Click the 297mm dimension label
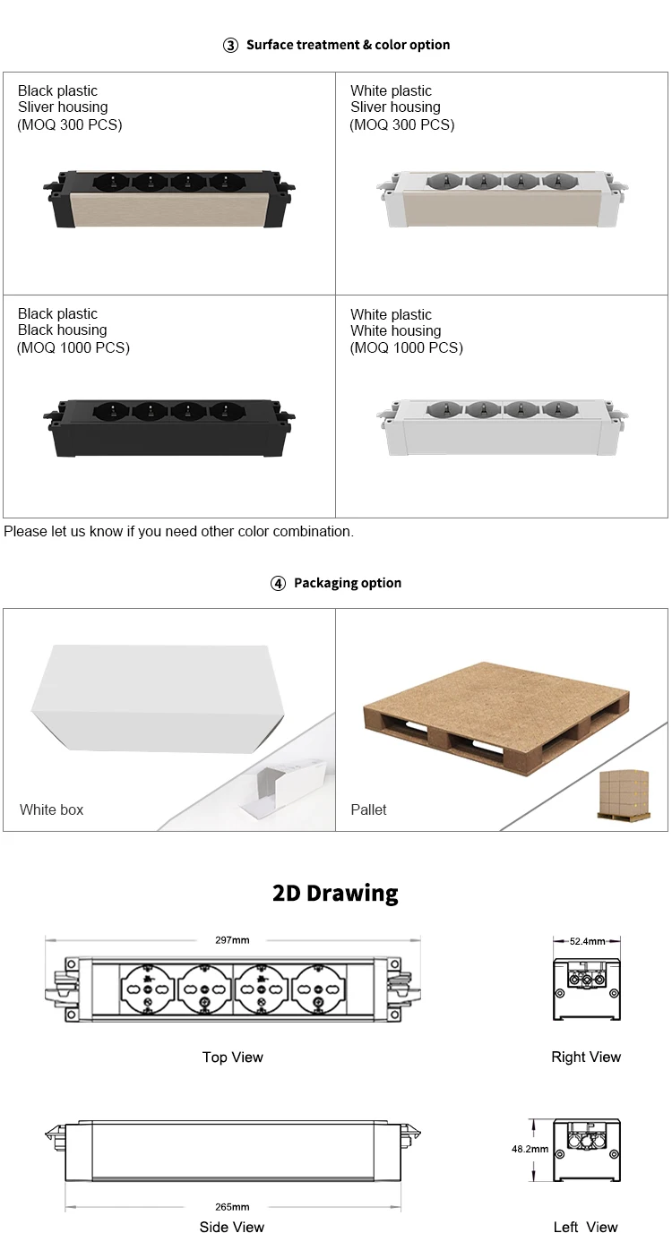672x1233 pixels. (x=232, y=940)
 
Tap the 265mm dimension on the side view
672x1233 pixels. (x=233, y=1207)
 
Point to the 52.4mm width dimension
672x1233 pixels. (x=587, y=942)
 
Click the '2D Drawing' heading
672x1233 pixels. (x=335, y=893)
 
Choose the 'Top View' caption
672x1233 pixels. (x=233, y=1057)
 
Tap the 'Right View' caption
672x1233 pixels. (x=586, y=1057)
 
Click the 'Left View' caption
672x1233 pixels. (x=585, y=1227)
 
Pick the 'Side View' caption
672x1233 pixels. (x=232, y=1227)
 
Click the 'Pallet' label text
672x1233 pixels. (x=368, y=809)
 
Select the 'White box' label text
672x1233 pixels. (x=52, y=809)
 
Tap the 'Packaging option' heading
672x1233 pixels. (x=347, y=583)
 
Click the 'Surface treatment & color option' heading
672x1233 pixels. (x=348, y=45)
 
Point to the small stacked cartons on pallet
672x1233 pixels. (x=625, y=794)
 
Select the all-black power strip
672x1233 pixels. (x=169, y=424)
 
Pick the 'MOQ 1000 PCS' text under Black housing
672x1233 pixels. (x=73, y=347)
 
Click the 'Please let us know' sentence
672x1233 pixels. (x=179, y=532)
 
